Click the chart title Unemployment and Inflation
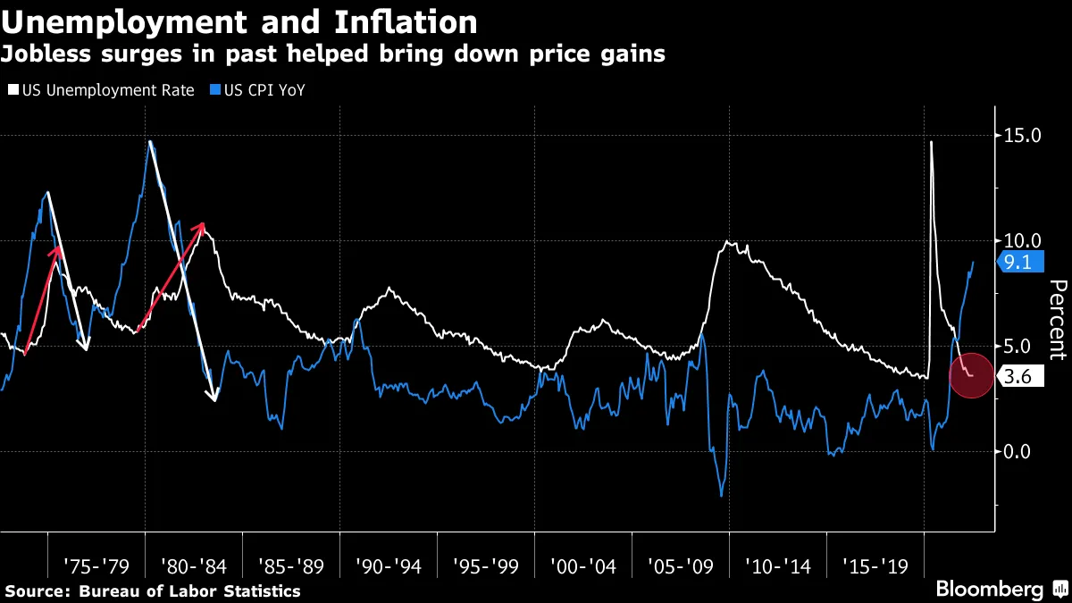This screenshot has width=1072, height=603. tap(239, 21)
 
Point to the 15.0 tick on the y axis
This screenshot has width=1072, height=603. tap(1022, 136)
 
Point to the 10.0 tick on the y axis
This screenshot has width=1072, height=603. tap(1022, 240)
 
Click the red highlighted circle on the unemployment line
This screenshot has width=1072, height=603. tap(969, 375)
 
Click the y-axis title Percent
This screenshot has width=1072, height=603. tap(1058, 319)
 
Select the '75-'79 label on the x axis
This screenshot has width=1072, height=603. tap(96, 565)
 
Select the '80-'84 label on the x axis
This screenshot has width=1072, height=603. tap(194, 565)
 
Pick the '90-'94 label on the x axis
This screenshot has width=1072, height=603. tap(389, 565)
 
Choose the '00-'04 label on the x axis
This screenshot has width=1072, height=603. tap(583, 565)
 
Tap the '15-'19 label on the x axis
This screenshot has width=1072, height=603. tap(875, 565)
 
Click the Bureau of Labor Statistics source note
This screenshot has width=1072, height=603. tap(153, 590)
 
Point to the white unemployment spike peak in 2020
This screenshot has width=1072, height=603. tap(931, 142)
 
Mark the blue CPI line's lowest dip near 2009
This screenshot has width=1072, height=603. tap(721, 495)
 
